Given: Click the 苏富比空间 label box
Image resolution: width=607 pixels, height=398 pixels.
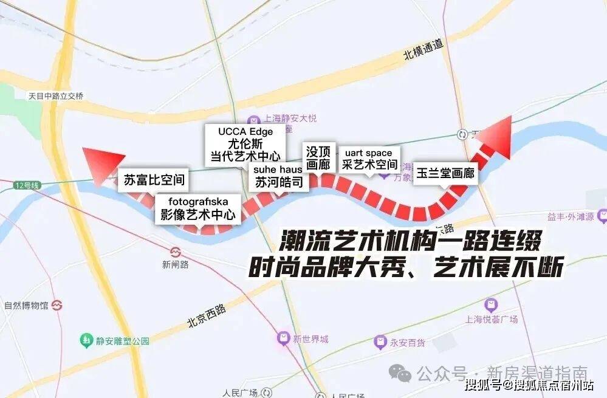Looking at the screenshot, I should (x=154, y=180).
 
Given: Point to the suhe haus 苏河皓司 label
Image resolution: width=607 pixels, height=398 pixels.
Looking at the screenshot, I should (x=278, y=176).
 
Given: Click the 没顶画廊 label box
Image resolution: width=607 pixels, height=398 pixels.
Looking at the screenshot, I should (x=318, y=157).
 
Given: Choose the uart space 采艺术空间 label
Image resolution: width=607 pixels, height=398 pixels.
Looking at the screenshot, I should (x=369, y=159).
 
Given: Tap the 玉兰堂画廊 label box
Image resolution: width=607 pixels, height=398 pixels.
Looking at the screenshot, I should (x=446, y=173).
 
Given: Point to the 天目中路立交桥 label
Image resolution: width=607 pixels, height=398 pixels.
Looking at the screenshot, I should (x=55, y=95).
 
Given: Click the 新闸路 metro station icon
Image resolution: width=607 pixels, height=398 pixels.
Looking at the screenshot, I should (x=176, y=252).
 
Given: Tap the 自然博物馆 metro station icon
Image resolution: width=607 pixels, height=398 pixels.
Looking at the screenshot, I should (x=58, y=304).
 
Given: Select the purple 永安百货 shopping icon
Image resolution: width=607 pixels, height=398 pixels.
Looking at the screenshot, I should (x=380, y=341).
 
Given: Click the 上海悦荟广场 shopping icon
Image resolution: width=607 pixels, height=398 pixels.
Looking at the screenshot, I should (x=490, y=305).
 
